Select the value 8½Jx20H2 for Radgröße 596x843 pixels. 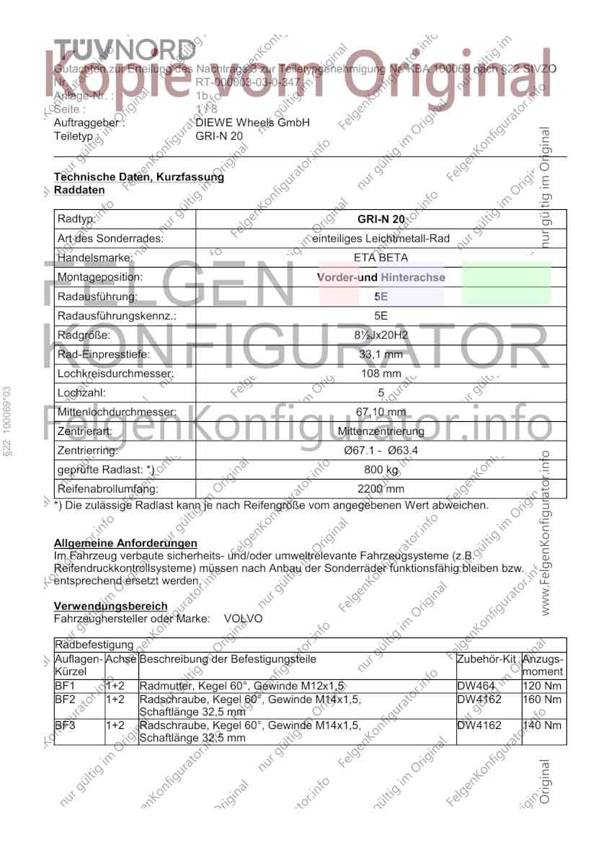[381, 335]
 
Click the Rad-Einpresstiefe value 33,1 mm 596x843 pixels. [381, 355]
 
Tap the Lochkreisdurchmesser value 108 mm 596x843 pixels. [381, 374]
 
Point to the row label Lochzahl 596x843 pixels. [81, 393]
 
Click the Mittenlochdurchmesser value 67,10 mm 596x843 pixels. [381, 412]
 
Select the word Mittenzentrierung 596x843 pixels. [381, 432]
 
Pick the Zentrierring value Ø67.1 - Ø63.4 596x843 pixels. [381, 451]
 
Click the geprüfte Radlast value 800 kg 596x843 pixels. [381, 471]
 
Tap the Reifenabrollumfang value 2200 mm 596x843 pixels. [381, 490]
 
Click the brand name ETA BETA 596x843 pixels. [381, 257]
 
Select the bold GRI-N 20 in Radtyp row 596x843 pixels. [381, 219]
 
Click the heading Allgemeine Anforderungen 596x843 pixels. [125, 542]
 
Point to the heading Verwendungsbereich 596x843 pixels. [110, 606]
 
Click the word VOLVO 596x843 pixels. [243, 619]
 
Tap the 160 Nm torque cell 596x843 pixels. [542, 699]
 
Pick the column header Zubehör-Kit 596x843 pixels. [486, 659]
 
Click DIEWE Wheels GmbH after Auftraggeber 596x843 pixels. [252, 123]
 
